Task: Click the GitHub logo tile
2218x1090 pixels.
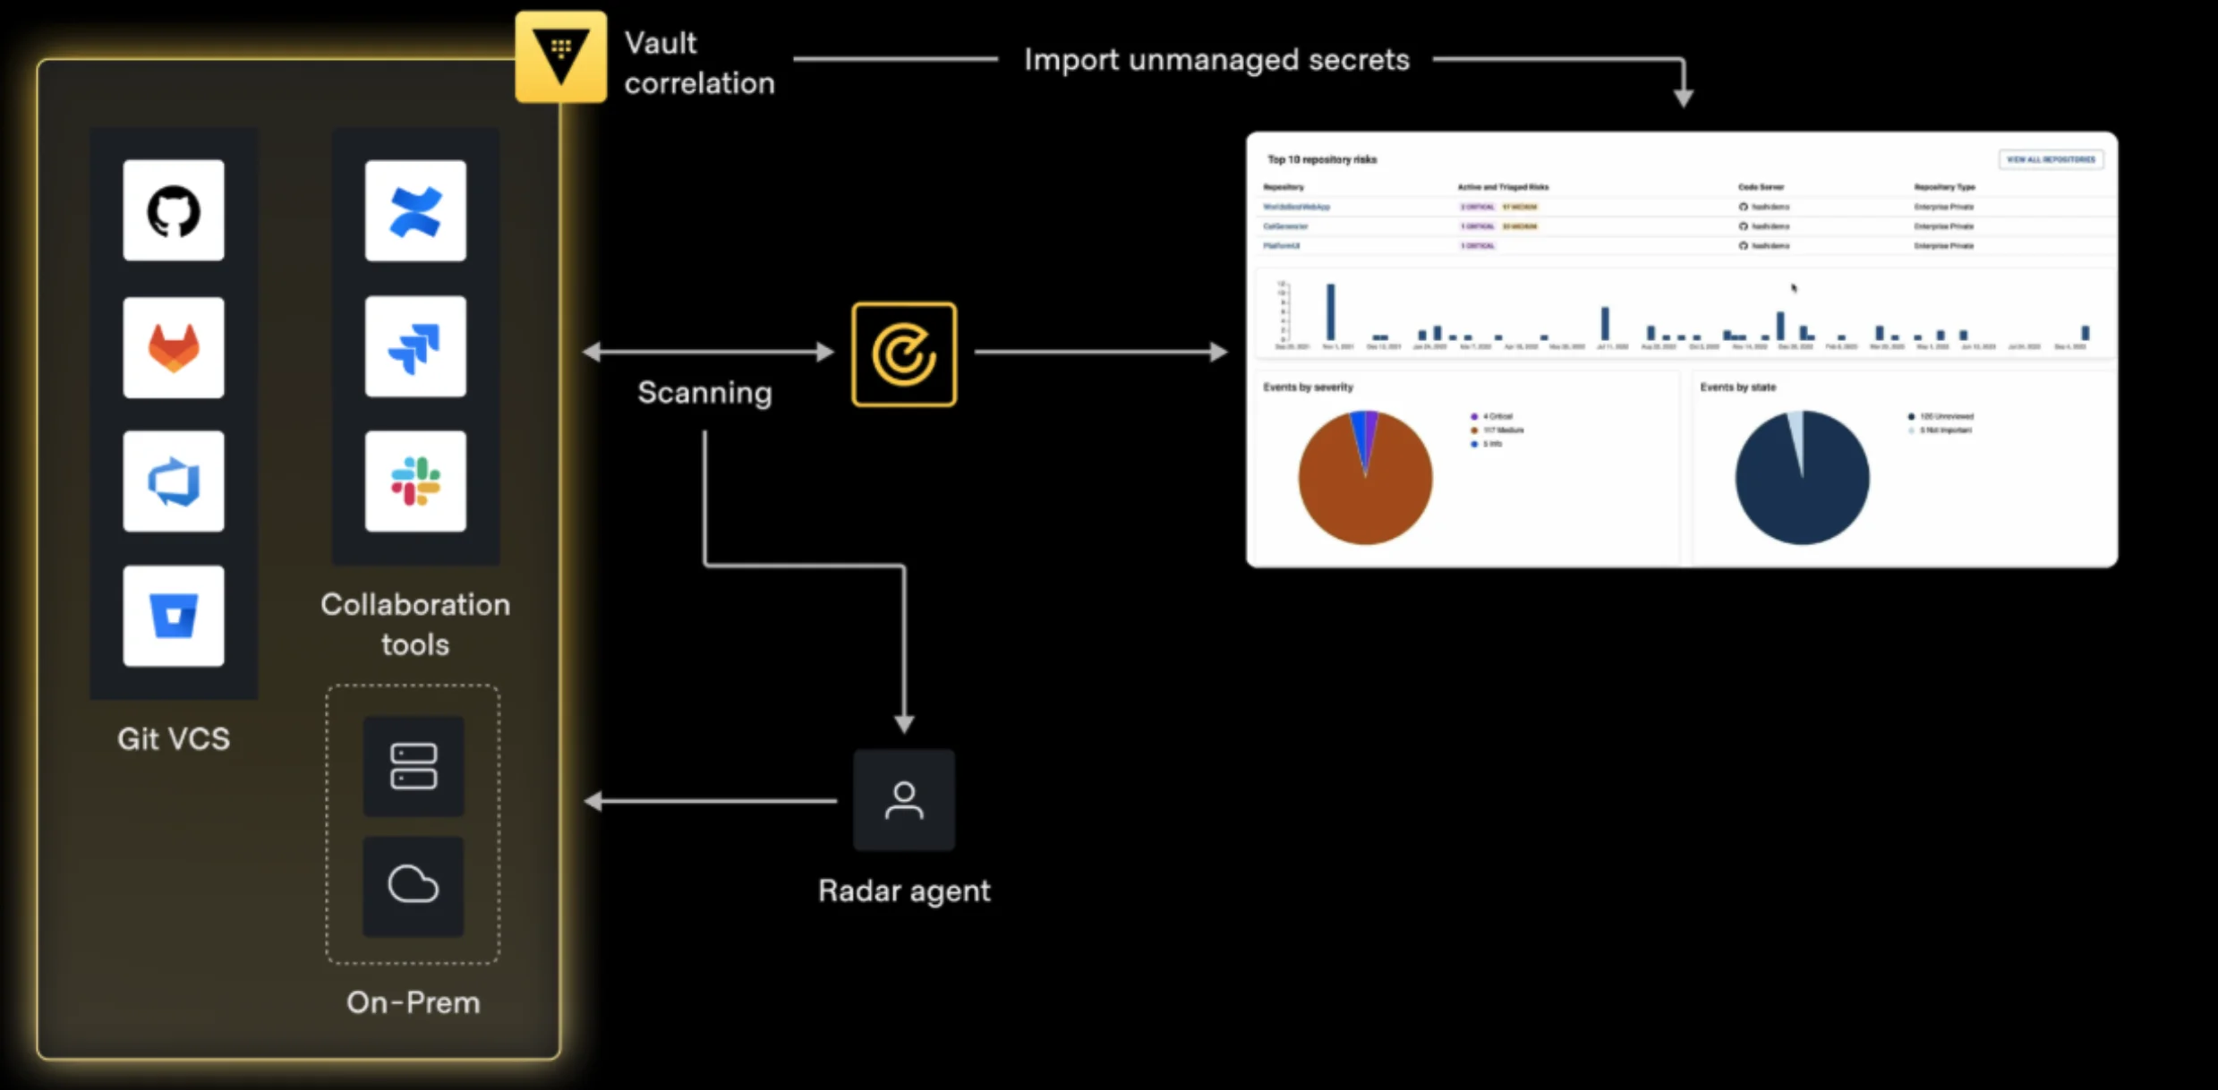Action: pos(174,210)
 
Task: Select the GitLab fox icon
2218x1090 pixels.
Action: pos(174,347)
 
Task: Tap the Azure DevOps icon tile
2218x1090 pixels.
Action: pos(174,481)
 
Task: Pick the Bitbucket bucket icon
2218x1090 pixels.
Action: pos(174,616)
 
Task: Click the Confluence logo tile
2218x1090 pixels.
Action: pos(415,211)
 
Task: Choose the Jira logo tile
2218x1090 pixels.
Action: pos(415,346)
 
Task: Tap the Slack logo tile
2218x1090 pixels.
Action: pos(415,481)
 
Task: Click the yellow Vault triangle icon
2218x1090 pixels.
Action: pos(561,56)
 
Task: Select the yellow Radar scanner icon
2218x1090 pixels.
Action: pos(904,354)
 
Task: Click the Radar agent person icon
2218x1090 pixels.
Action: pos(904,800)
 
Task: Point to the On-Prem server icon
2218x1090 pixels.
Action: pos(414,766)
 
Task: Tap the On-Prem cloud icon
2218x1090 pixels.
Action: pos(414,886)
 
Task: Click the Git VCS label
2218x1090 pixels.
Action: pos(174,739)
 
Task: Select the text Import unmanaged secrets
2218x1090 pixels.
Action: pos(1216,60)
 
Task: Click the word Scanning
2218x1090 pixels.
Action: pos(704,393)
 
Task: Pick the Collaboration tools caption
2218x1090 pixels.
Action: pos(415,625)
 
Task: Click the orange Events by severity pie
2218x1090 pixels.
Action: pos(1365,483)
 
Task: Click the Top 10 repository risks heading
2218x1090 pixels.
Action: pos(1322,159)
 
